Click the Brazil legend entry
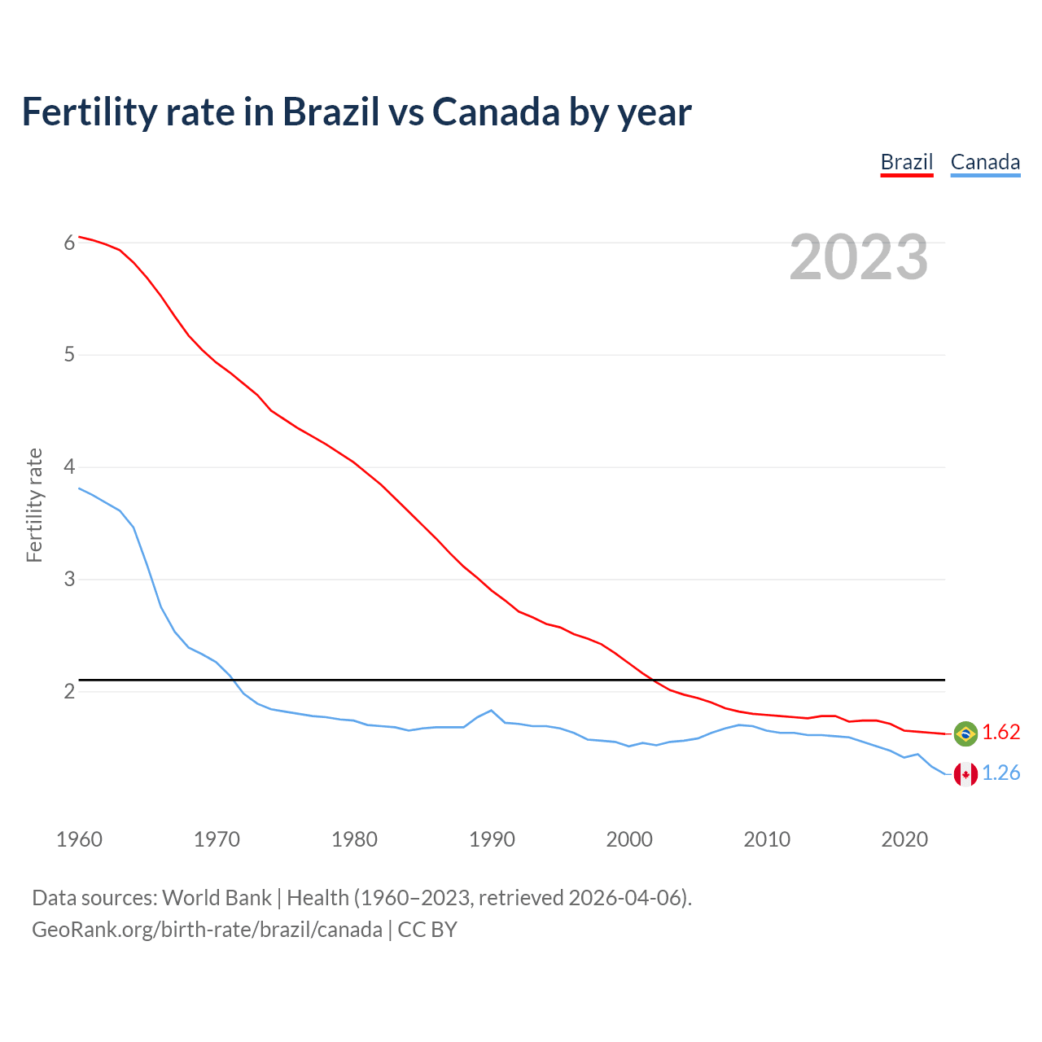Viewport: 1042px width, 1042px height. click(x=906, y=162)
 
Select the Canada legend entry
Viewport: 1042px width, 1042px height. click(x=985, y=162)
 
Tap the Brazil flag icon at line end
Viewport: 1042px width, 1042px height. click(x=965, y=733)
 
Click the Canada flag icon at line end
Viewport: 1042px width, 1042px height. click(x=965, y=774)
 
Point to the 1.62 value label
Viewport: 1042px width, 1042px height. click(x=1000, y=733)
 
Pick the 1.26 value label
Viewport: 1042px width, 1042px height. click(x=1000, y=773)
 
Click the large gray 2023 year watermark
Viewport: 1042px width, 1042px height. click(x=859, y=257)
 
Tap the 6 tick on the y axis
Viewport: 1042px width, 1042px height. click(x=69, y=243)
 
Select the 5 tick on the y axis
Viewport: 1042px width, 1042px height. click(x=69, y=355)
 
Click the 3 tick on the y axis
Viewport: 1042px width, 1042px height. click(x=69, y=580)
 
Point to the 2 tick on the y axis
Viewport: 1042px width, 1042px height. click(x=69, y=692)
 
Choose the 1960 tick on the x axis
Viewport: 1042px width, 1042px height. click(x=79, y=839)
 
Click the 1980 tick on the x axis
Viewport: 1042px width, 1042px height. click(x=354, y=839)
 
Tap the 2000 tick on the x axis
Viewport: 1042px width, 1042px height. click(x=629, y=839)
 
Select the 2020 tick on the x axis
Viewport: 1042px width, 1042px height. click(x=904, y=839)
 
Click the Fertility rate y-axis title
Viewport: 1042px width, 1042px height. click(x=34, y=505)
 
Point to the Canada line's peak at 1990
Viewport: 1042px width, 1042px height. click(x=491, y=710)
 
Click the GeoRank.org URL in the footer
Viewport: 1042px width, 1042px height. click(x=207, y=929)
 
